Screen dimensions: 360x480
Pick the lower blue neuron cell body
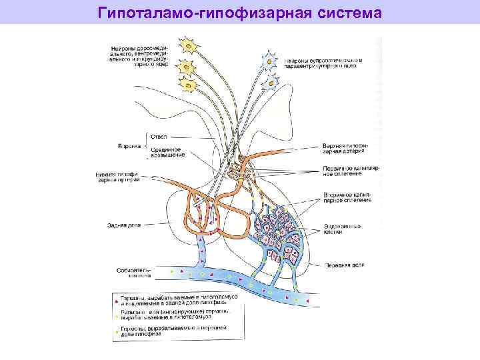pyautogui.click(x=273, y=82)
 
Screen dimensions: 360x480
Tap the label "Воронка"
pyautogui.click(x=129, y=145)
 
